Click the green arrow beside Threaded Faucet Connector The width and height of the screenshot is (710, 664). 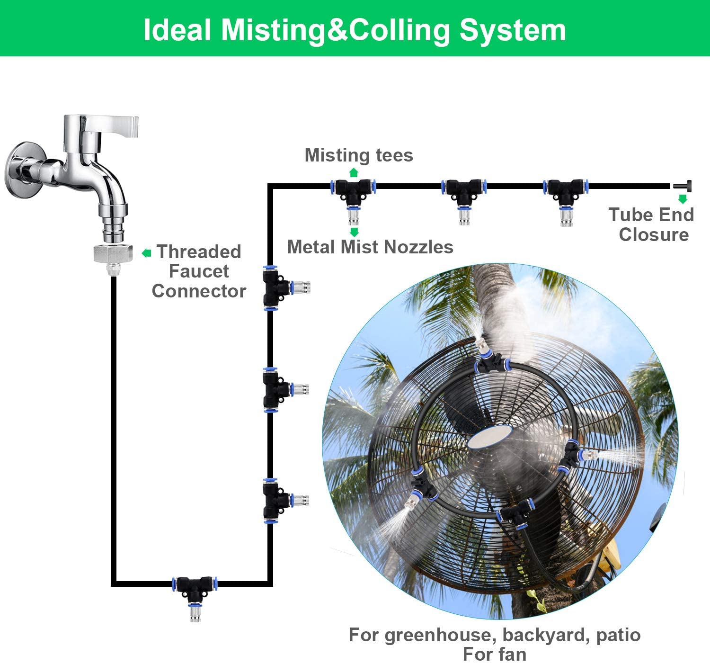point(146,253)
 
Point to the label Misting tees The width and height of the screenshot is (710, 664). point(358,155)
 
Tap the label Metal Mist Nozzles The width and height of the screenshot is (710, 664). point(370,247)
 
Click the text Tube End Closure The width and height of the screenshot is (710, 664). point(652,224)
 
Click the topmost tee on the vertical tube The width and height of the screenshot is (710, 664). point(275,287)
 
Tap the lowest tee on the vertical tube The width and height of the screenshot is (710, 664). point(275,500)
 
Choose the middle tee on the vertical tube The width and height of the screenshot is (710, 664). point(275,390)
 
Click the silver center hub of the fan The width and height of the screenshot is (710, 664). point(489,437)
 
